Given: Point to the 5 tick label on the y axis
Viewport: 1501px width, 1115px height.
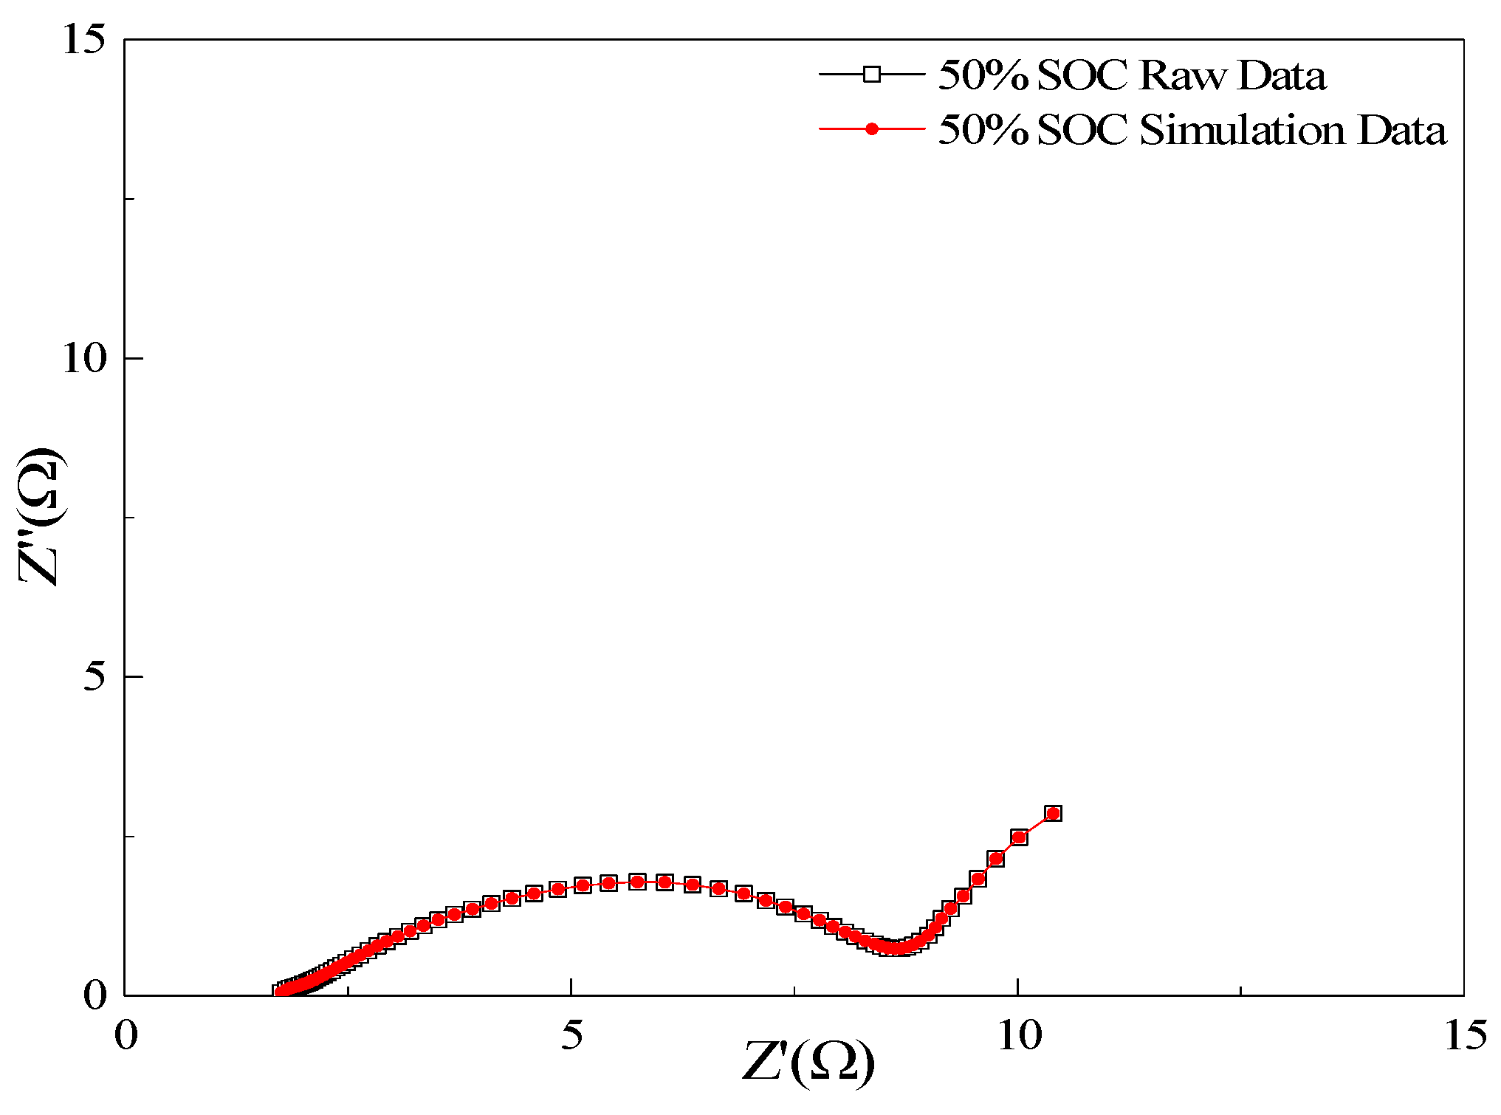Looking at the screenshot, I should (x=95, y=677).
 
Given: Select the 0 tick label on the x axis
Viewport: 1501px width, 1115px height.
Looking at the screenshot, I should (x=126, y=1035).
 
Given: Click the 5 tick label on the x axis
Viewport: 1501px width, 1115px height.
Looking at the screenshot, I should (x=571, y=1035).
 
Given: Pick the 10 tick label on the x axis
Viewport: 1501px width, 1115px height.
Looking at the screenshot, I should (x=1018, y=1035).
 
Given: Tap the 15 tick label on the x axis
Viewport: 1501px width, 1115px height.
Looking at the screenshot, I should (x=1465, y=1035).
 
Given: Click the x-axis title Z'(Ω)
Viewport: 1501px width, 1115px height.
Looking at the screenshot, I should (x=808, y=1063).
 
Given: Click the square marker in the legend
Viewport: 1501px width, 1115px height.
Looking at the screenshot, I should (x=872, y=74).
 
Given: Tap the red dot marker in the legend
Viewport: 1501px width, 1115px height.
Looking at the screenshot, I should (x=872, y=129).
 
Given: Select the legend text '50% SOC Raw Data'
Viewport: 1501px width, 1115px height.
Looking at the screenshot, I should (x=1132, y=75).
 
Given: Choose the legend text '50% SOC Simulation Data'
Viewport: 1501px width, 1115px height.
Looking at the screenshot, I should (x=1192, y=131).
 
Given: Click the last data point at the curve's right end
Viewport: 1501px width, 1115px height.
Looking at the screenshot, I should (x=1054, y=814).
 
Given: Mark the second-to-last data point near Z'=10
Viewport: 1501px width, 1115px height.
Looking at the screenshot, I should (x=1020, y=837).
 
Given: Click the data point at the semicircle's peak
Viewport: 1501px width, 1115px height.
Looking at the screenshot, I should (x=637, y=882).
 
